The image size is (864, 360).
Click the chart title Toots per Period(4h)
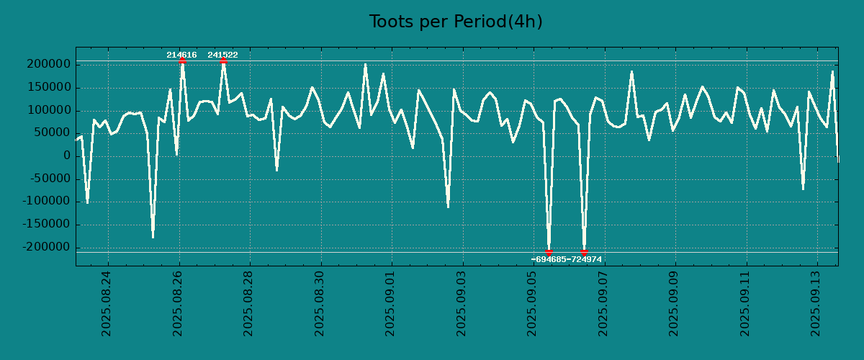[456, 22]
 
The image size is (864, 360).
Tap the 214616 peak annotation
[181, 55]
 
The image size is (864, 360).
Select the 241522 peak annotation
[222, 55]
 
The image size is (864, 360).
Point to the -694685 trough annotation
[548, 259]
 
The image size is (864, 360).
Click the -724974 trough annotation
[584, 259]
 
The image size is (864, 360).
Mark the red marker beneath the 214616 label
[182, 61]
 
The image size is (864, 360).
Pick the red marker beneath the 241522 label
[223, 61]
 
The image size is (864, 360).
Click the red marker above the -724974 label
[584, 251]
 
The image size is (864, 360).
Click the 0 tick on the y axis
[67, 156]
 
